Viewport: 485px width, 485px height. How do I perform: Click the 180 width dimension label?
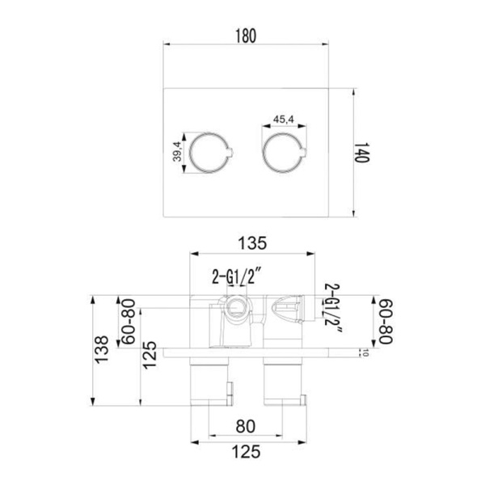246,36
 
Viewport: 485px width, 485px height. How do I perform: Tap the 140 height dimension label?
361,153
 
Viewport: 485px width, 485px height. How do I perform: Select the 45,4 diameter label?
284,119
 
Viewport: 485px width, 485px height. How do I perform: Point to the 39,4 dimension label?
177,152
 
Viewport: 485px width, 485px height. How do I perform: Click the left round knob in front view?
190,153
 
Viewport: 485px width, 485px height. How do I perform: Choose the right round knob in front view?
264,153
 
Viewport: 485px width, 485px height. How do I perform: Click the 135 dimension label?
252,243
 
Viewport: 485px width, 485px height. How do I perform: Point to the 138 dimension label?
102,349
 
